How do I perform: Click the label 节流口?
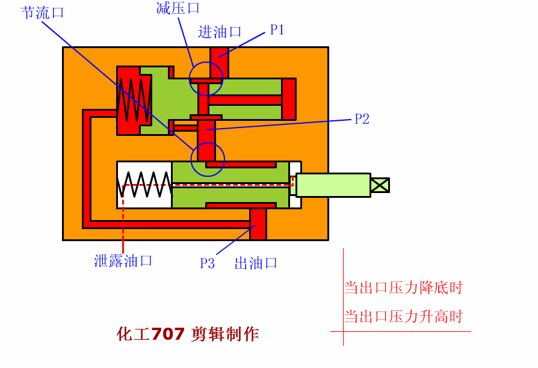point(42,13)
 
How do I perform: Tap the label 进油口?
point(220,32)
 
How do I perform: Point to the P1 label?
point(277,30)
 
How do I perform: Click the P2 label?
point(362,119)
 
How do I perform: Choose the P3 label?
point(208,263)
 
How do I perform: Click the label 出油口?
point(256,263)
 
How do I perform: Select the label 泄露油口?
point(123,261)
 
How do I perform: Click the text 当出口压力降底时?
point(403,288)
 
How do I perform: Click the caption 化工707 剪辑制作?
point(188,334)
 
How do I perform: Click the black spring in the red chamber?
point(134,100)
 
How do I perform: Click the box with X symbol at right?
point(380,185)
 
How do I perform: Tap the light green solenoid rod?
point(333,185)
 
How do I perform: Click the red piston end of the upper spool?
point(289,99)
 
